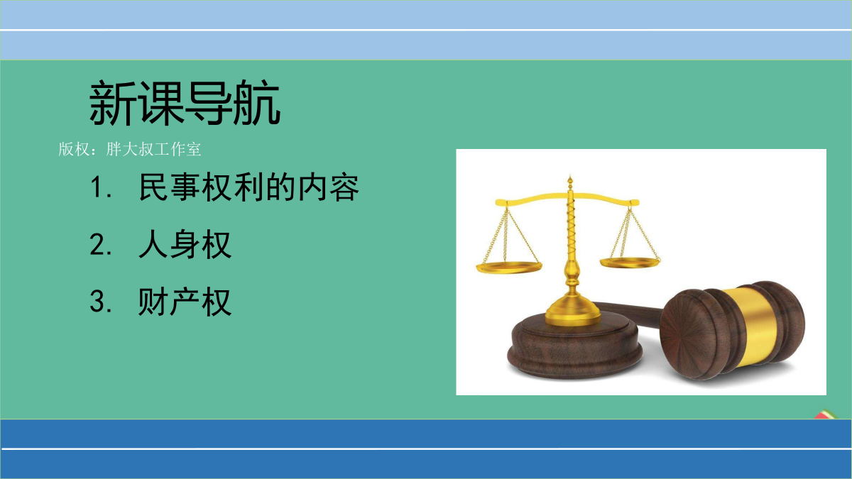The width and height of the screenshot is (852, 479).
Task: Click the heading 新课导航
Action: click(185, 103)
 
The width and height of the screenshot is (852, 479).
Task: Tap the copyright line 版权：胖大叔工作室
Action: click(130, 149)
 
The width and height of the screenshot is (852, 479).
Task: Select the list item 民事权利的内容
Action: click(249, 187)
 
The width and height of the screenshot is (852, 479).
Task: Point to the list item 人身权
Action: click(185, 244)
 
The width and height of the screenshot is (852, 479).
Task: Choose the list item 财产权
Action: click(185, 302)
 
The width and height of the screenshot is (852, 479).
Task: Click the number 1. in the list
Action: click(101, 187)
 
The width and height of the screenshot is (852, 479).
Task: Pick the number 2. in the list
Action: click(101, 244)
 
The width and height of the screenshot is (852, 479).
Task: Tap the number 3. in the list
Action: click(101, 302)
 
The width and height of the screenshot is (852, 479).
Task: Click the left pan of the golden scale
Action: click(509, 268)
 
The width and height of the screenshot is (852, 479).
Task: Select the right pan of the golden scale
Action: click(630, 262)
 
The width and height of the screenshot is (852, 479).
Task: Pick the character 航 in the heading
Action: click(257, 103)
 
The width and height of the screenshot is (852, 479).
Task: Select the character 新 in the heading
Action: click(113, 103)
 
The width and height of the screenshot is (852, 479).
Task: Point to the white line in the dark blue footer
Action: click(426, 448)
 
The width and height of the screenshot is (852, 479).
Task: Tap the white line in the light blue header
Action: click(426, 30)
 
